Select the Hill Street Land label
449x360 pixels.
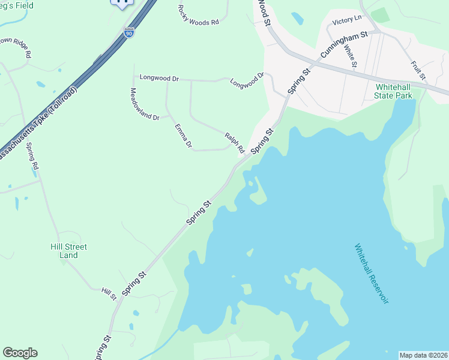point(68,251)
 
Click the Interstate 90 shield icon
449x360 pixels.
point(129,34)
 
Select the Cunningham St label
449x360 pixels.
point(343,46)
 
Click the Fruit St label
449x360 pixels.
point(418,70)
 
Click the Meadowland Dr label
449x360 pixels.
point(144,104)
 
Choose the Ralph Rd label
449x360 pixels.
point(235,142)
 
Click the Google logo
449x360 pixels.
point(20,353)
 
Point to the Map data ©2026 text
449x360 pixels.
point(423,355)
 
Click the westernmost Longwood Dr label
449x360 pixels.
point(159,78)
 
